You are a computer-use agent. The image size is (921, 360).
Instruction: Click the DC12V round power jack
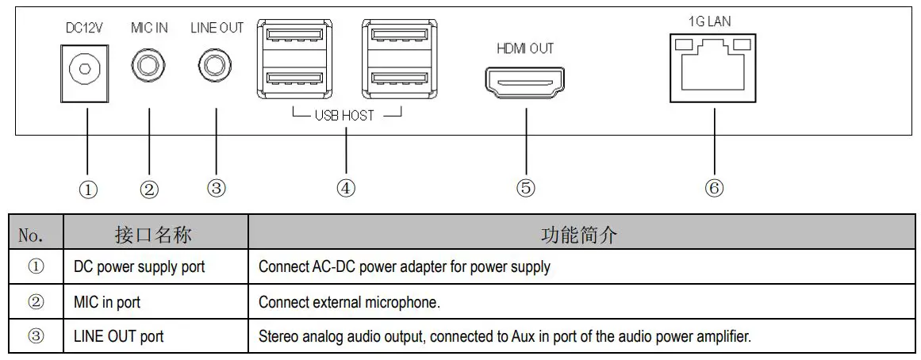pyautogui.click(x=83, y=71)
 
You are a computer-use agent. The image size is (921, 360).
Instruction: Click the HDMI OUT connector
pyautogui.click(x=525, y=83)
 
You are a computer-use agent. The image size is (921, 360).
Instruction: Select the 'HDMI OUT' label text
pyautogui.click(x=525, y=48)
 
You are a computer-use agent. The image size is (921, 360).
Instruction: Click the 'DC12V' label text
pyautogui.click(x=83, y=29)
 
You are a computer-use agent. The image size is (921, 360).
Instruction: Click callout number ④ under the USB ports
pyautogui.click(x=346, y=189)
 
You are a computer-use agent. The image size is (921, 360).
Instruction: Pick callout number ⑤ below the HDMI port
pyautogui.click(x=525, y=189)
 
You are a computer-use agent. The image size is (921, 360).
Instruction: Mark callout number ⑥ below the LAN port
pyautogui.click(x=714, y=189)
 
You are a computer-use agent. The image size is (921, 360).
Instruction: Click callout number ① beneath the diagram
pyautogui.click(x=88, y=190)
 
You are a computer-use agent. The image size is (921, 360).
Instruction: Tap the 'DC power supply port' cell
pyautogui.click(x=139, y=267)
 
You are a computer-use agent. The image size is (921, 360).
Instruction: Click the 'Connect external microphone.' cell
pyautogui.click(x=349, y=302)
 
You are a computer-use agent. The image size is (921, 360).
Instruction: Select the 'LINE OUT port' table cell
pyautogui.click(x=119, y=336)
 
